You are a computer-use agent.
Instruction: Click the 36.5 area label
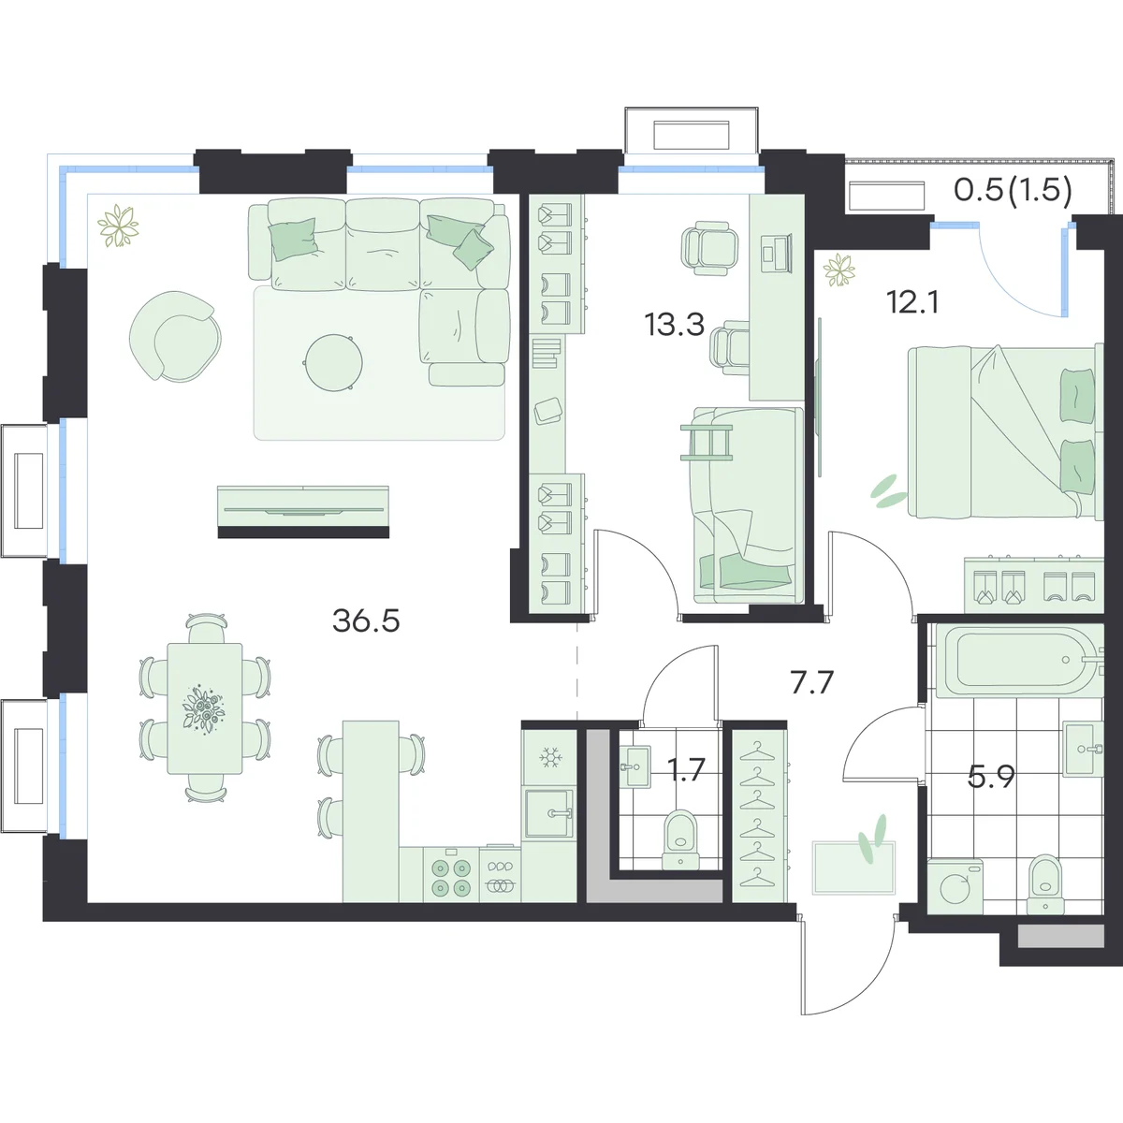click(x=366, y=621)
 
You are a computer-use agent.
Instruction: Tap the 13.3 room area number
click(x=675, y=325)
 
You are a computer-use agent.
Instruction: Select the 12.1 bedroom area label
click(x=912, y=302)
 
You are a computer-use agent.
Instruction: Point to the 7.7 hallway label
click(x=812, y=682)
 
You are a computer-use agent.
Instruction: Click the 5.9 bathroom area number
click(x=991, y=777)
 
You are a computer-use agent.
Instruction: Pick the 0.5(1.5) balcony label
click(x=1013, y=190)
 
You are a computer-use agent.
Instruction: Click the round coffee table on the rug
click(x=333, y=362)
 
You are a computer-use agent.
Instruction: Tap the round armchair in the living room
click(x=175, y=336)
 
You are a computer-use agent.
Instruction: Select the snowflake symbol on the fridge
click(x=549, y=758)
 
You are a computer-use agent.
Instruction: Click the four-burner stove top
click(x=450, y=878)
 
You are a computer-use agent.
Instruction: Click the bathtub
click(x=1016, y=661)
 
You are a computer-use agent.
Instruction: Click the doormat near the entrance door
click(x=853, y=868)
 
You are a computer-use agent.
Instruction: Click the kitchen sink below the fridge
click(x=547, y=813)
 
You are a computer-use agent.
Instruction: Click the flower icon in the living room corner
click(x=118, y=226)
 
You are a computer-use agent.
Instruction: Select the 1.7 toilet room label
click(x=687, y=770)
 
